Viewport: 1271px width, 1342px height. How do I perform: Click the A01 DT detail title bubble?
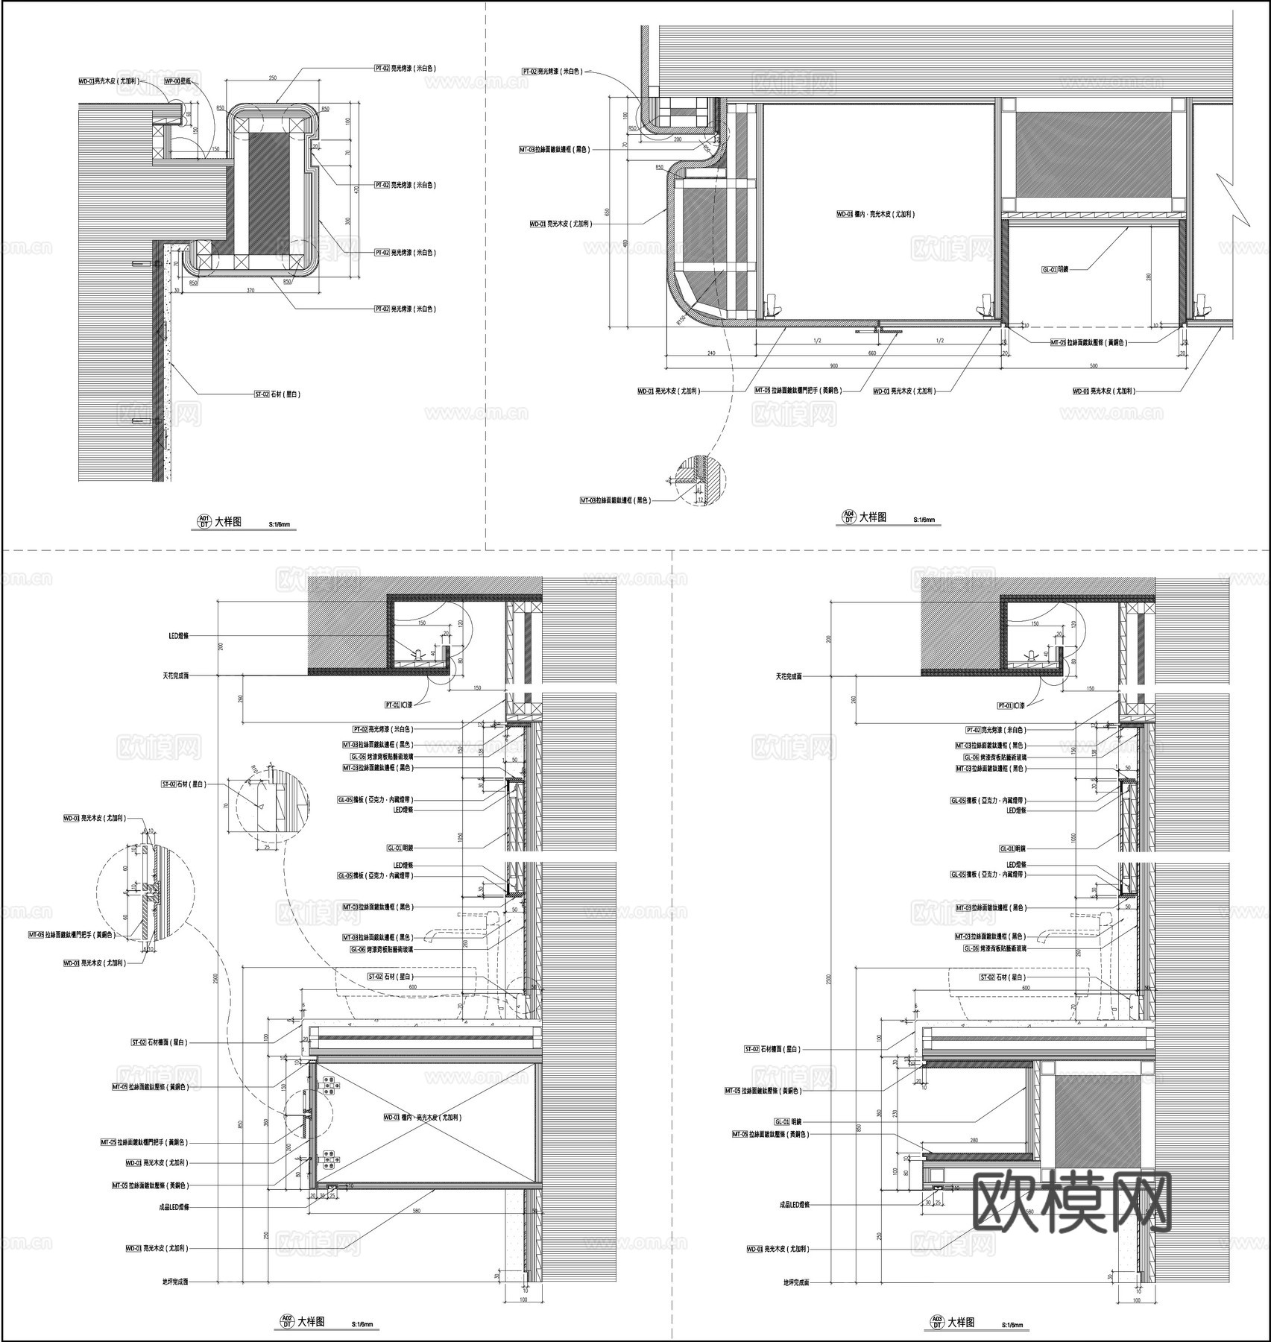click(x=204, y=522)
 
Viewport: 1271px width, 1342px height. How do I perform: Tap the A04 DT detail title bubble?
click(x=848, y=517)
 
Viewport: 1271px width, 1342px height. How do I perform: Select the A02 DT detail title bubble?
click(x=286, y=1322)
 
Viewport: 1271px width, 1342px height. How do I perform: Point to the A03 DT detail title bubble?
click(x=936, y=1322)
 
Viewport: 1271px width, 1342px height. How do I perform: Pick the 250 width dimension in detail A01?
click(x=273, y=78)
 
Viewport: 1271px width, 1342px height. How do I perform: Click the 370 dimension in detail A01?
click(x=250, y=290)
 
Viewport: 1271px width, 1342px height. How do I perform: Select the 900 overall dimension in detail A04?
click(x=833, y=365)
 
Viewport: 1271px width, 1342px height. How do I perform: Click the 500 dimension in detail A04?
click(x=1094, y=366)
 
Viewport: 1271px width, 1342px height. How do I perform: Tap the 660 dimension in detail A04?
click(x=872, y=354)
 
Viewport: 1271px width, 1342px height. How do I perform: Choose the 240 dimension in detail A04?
click(x=711, y=354)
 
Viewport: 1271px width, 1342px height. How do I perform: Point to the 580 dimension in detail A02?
click(x=416, y=1211)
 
